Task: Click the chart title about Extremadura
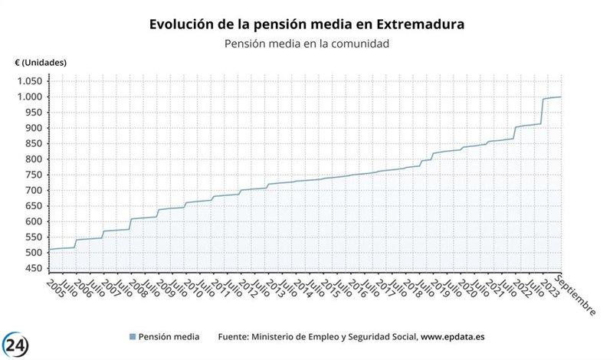pyautogui.click(x=306, y=25)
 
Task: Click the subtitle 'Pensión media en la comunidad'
pyautogui.click(x=306, y=44)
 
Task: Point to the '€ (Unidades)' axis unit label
pyautogui.click(x=40, y=62)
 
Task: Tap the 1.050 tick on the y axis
pyautogui.click(x=28, y=81)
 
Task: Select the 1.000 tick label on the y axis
pyautogui.click(x=28, y=97)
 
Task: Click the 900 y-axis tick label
pyautogui.click(x=32, y=128)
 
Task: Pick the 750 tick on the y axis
pyautogui.click(x=32, y=175)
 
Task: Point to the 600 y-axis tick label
pyautogui.click(x=32, y=222)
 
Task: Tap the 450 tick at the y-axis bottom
pyautogui.click(x=32, y=269)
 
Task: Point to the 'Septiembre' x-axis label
pyautogui.click(x=576, y=295)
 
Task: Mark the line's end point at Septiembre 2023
pyautogui.click(x=561, y=97)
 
